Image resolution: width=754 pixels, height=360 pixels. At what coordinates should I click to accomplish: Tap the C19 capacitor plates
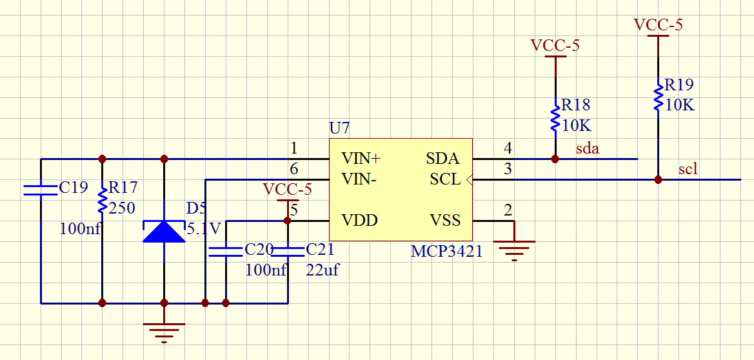[x=41, y=190]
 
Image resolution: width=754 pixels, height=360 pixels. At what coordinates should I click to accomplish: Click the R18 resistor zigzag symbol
[x=555, y=118]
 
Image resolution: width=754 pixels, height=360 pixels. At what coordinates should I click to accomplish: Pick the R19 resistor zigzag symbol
[x=658, y=97]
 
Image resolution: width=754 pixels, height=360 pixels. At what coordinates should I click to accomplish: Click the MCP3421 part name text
[x=446, y=251]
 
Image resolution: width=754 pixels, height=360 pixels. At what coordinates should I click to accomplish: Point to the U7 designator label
[x=339, y=128]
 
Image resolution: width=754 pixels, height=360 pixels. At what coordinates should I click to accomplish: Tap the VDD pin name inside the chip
[x=359, y=221]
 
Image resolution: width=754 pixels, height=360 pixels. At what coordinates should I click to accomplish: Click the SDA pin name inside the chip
[x=442, y=158]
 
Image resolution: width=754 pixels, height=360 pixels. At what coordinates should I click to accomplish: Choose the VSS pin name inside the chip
[x=445, y=221]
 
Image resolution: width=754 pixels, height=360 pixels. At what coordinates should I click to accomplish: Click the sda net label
[x=588, y=149]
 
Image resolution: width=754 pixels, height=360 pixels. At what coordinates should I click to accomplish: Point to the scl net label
[x=688, y=169]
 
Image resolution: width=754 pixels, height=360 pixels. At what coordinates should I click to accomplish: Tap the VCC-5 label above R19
[x=658, y=25]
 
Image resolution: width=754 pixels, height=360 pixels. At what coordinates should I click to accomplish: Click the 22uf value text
[x=322, y=270]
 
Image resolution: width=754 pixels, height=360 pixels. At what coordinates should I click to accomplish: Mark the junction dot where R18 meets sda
[x=555, y=158]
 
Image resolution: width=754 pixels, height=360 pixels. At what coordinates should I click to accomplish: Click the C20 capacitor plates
[x=226, y=251]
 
